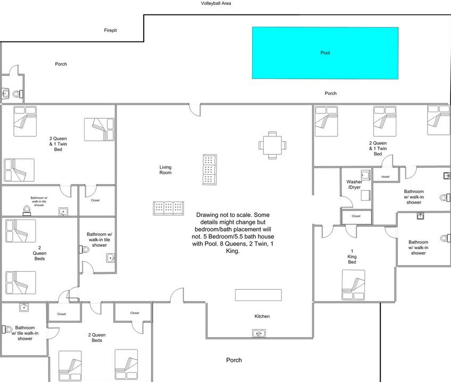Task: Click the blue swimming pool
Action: [325, 53]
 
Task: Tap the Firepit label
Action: [111, 30]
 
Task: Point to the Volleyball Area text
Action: [216, 3]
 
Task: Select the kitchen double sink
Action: [259, 334]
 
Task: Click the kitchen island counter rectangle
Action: [258, 295]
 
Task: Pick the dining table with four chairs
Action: [272, 145]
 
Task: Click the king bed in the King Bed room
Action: [354, 285]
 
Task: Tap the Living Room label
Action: [165, 169]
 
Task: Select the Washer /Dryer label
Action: [354, 184]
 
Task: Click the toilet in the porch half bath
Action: [18, 94]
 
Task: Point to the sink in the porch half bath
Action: [5, 93]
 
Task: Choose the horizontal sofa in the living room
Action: [168, 208]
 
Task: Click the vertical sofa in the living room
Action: [210, 169]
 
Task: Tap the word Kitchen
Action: [262, 316]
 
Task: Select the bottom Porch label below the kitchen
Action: [234, 360]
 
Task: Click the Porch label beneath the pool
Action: [330, 93]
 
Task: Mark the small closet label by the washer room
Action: [356, 216]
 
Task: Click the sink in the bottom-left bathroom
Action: [24, 307]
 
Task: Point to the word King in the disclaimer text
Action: [233, 251]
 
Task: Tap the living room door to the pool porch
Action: [195, 110]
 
